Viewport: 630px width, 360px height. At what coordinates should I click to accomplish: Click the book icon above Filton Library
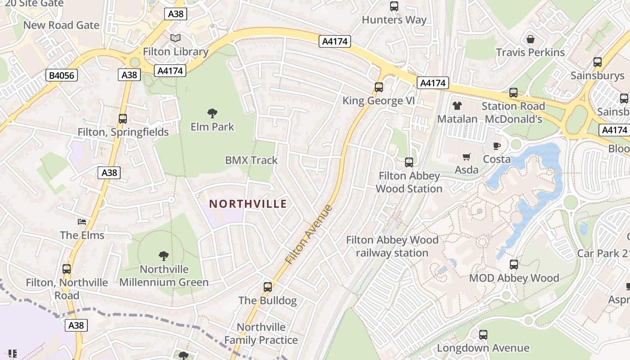click(175, 38)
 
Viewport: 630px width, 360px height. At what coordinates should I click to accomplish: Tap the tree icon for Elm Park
click(212, 113)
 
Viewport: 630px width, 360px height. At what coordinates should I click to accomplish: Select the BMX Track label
click(251, 160)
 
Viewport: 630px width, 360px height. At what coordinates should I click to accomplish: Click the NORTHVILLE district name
click(248, 204)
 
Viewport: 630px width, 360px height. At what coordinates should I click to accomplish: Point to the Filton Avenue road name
click(309, 234)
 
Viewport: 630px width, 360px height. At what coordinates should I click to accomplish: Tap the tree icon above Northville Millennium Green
click(164, 256)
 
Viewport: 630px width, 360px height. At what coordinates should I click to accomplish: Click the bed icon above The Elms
click(82, 221)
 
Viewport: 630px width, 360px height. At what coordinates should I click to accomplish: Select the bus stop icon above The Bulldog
click(268, 287)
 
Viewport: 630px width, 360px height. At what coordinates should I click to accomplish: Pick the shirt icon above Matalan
click(457, 106)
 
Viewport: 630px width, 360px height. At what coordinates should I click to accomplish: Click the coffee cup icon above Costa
click(496, 146)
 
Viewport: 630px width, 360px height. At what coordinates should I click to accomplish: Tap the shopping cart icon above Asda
click(466, 157)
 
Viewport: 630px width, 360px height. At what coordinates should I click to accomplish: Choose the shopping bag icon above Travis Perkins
click(531, 39)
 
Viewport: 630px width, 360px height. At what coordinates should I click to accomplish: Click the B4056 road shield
click(62, 75)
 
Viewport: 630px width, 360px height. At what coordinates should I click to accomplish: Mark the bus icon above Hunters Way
click(394, 6)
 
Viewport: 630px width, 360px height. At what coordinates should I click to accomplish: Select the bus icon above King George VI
click(379, 87)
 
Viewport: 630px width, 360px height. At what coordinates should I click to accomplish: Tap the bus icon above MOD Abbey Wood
click(514, 265)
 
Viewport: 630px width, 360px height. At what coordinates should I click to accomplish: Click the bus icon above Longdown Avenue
click(483, 335)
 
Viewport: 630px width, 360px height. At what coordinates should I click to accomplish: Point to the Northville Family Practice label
click(261, 333)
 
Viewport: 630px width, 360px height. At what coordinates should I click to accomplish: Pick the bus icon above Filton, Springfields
click(123, 119)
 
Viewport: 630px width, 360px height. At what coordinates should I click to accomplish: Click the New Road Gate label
click(61, 25)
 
